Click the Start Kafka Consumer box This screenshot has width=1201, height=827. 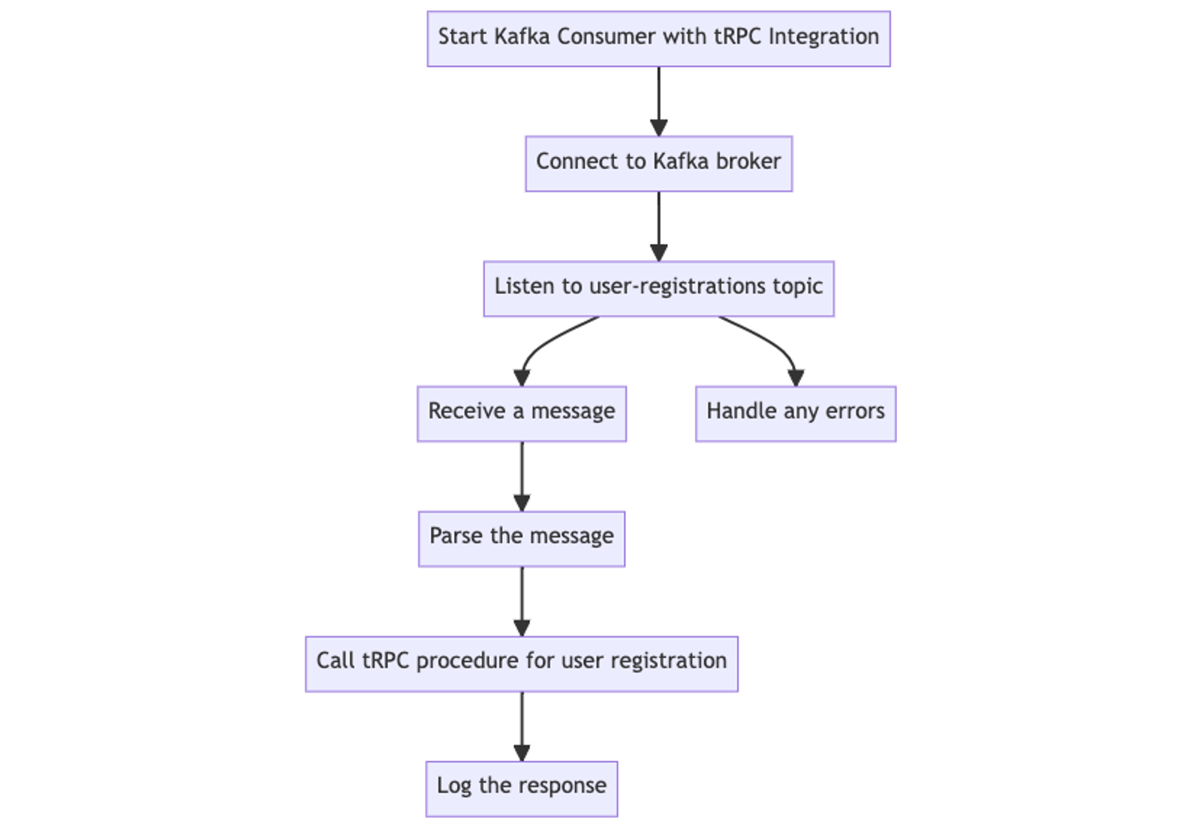coord(658,39)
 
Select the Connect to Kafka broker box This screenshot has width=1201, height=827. coord(658,164)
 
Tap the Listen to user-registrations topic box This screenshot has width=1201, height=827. coord(658,288)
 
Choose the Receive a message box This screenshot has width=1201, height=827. coord(522,414)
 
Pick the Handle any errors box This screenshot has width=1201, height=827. coord(796,414)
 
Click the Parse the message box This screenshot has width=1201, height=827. coord(522,539)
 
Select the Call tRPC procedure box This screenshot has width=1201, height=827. coord(522,663)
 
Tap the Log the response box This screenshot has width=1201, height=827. coord(522,788)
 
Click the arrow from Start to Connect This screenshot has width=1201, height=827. coord(659,101)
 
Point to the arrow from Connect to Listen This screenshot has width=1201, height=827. coord(659,225)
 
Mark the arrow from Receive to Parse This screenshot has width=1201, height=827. coord(522,475)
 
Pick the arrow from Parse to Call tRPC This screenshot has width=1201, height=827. coord(522,600)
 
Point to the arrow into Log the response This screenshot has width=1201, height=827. coord(522,725)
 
